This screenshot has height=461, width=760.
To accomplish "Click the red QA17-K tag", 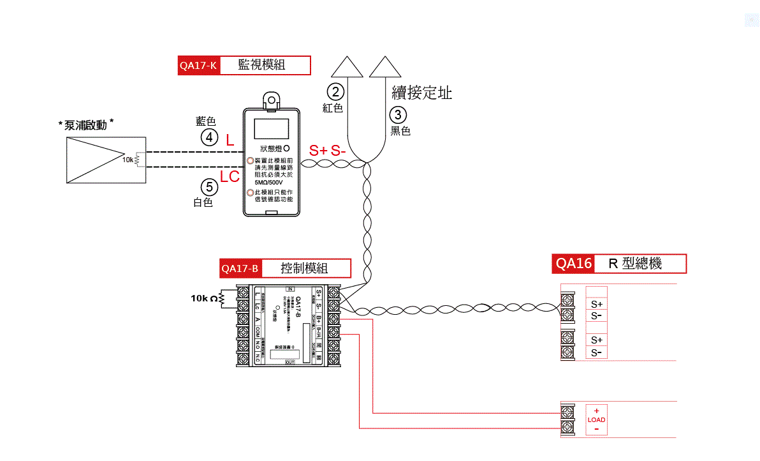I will pyautogui.click(x=198, y=66).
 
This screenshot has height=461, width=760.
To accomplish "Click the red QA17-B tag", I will pyautogui.click(x=240, y=268).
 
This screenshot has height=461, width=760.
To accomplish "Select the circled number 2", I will pyautogui.click(x=336, y=92).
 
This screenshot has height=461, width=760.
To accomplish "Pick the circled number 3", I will pyautogui.click(x=398, y=115).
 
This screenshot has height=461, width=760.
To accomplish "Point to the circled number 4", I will pyautogui.click(x=210, y=137).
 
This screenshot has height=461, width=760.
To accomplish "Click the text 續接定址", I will pyautogui.click(x=421, y=93).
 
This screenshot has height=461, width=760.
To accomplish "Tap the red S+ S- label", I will pyautogui.click(x=328, y=151).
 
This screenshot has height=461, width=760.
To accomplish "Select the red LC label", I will pyautogui.click(x=230, y=177).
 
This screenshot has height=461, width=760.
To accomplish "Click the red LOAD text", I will pyautogui.click(x=596, y=420).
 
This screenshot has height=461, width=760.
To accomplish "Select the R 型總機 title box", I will pyautogui.click(x=640, y=264).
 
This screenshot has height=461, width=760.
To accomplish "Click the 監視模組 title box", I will pyautogui.click(x=265, y=66).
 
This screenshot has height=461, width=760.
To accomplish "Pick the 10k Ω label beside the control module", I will pyautogui.click(x=204, y=298).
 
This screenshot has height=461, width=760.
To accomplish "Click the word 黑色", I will pyautogui.click(x=400, y=131).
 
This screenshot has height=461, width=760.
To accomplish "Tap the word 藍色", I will pyautogui.click(x=206, y=121).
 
